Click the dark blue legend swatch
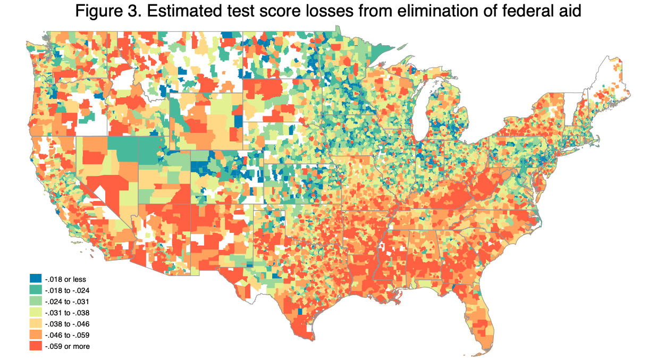pyautogui.click(x=36, y=279)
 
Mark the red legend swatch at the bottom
pyautogui.click(x=36, y=346)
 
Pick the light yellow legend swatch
pyautogui.click(x=36, y=312)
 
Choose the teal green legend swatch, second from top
pyautogui.click(x=36, y=290)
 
